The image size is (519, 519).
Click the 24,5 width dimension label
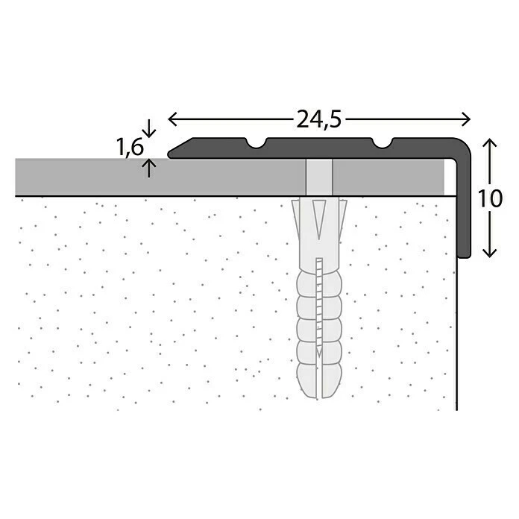click(318, 119)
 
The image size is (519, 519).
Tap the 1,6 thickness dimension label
click(130, 147)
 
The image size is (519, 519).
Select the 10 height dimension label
click(490, 198)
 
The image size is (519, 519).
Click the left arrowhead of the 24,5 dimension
click(173, 119)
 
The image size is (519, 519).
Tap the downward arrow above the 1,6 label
click(149, 128)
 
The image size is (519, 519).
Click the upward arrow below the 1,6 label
click(149, 168)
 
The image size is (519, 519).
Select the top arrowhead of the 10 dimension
click(489, 143)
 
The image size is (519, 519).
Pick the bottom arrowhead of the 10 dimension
click(489, 253)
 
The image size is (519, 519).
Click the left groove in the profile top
click(257, 143)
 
